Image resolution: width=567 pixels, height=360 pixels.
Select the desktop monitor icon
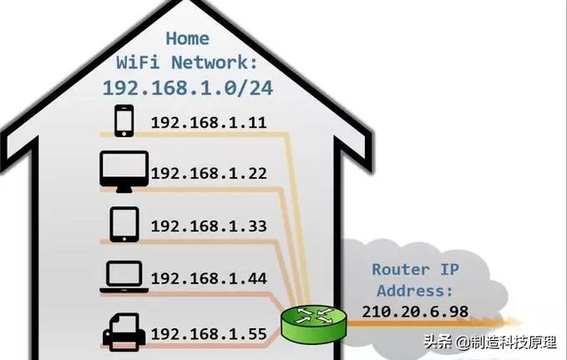124,170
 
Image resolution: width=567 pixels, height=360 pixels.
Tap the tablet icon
124,224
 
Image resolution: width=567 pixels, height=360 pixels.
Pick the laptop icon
124,276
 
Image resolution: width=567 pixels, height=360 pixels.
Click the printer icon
124,330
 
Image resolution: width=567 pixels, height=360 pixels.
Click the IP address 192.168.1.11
208,123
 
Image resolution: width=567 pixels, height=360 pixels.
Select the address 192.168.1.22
208,173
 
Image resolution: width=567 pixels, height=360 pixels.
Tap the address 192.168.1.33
208,226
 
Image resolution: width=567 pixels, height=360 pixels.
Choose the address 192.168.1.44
208,277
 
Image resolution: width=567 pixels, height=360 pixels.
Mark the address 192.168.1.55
208,334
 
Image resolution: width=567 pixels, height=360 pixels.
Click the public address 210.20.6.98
414,311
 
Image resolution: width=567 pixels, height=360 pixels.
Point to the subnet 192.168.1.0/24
186,87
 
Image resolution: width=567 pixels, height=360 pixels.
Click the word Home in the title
186,38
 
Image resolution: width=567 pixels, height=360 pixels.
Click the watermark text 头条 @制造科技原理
491,341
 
